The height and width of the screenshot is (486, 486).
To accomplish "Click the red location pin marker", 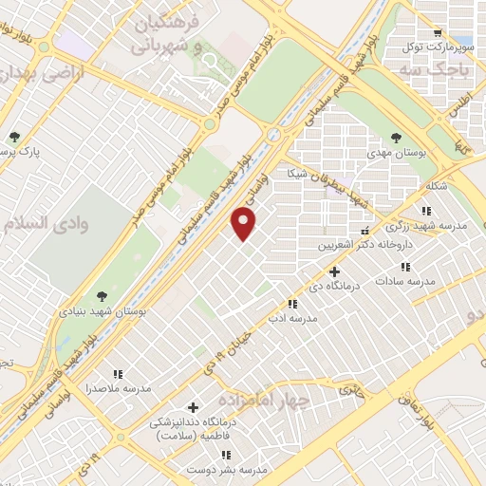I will (245, 224).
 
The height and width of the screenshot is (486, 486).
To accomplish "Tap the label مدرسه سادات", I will (404, 281).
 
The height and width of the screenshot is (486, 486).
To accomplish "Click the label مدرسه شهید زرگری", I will (423, 226).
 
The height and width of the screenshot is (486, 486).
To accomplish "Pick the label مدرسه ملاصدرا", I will (120, 389).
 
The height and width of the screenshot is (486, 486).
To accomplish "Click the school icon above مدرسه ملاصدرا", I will (119, 374).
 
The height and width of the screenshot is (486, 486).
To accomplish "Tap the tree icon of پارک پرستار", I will (14, 136).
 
